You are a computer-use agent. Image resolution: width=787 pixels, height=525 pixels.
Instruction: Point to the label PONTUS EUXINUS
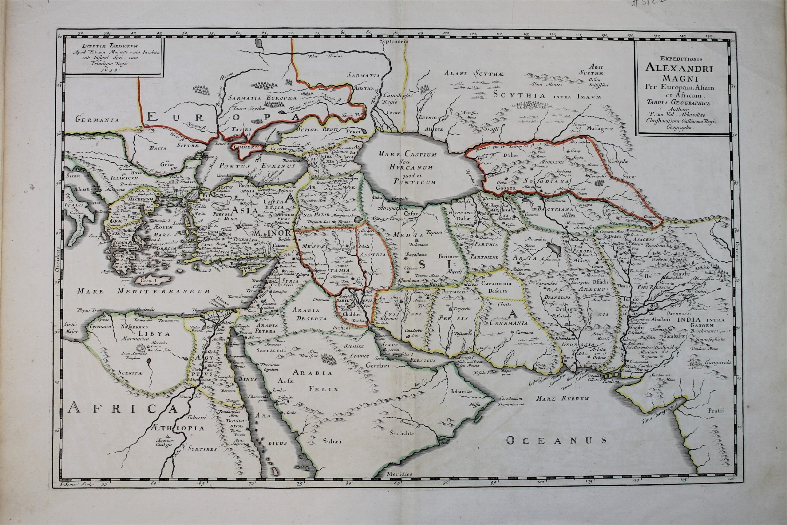[257, 166]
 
